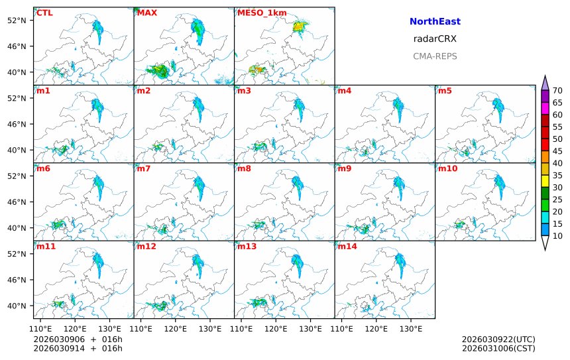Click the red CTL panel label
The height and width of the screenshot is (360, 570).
point(44,13)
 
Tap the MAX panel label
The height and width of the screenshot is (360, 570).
point(146,13)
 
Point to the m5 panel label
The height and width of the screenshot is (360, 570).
point(445,91)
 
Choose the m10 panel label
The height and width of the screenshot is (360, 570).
point(447,168)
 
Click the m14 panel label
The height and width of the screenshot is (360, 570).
point(347,247)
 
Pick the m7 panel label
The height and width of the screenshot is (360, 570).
point(144,168)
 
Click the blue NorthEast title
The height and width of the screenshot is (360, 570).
point(435,22)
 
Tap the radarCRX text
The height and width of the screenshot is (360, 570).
point(435,39)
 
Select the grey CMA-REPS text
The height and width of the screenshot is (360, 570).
point(435,56)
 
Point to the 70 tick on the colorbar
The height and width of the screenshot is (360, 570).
point(557,91)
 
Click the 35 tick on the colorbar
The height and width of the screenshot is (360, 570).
point(557,175)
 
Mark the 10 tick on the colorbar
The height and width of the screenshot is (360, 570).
point(557,235)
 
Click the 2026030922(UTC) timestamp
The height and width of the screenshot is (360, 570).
point(498,339)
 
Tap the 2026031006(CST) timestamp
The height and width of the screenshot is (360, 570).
point(498,348)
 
